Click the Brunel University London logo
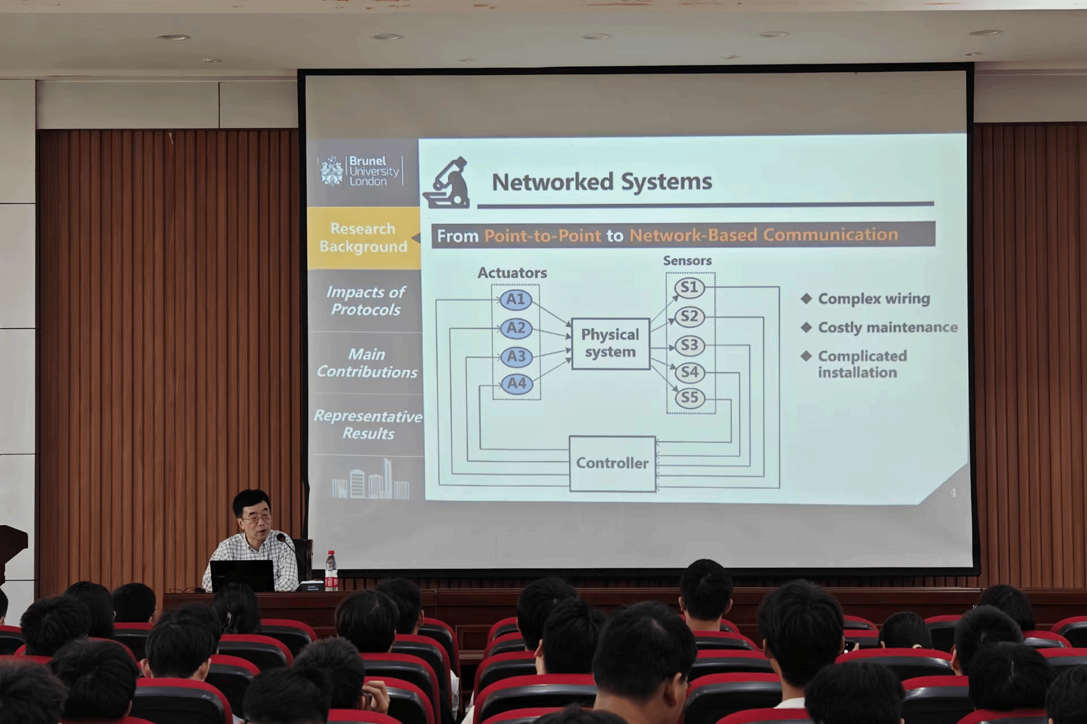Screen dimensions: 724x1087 [x=361, y=171]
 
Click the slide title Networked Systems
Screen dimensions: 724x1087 [x=601, y=182]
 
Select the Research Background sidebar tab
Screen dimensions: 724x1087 [x=363, y=238]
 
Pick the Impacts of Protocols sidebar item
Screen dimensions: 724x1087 [x=366, y=301]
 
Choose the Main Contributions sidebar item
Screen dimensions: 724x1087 [x=367, y=363]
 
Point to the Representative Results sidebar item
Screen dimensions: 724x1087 [x=368, y=425]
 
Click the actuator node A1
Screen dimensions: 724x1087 [x=516, y=299]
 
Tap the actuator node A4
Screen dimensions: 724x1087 [x=517, y=383]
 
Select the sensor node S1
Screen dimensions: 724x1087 [x=689, y=288]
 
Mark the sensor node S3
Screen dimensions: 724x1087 [x=690, y=345]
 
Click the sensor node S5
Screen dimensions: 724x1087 [x=690, y=397]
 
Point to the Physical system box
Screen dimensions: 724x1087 [x=610, y=344]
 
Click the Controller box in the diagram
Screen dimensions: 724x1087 [x=612, y=463]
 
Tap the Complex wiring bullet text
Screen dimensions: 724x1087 [x=874, y=299]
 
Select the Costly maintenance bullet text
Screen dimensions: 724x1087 [x=887, y=328]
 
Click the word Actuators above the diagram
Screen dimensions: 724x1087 [x=512, y=273]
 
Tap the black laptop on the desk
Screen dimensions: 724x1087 [x=242, y=576]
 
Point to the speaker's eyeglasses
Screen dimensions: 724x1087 [x=256, y=518]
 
